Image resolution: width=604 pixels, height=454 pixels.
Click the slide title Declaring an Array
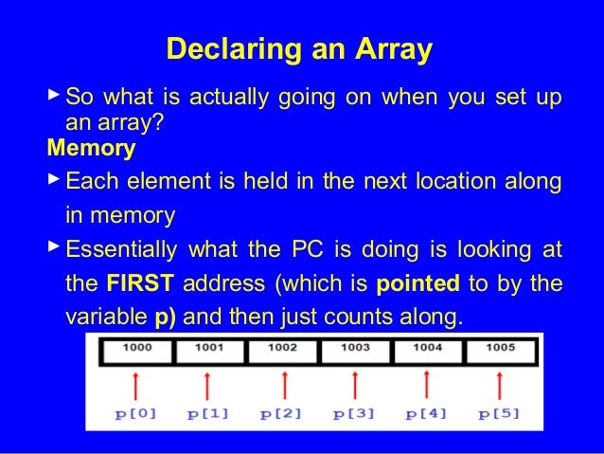coord(298,48)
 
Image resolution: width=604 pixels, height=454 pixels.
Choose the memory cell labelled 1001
coord(208,349)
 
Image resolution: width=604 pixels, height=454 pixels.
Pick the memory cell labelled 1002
coord(281,349)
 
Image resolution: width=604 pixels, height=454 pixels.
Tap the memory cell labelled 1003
coord(355,349)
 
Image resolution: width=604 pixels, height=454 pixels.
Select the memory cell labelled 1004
coord(427,349)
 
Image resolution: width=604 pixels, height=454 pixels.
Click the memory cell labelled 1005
coord(500,349)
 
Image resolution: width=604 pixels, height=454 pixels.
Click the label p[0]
coord(135,414)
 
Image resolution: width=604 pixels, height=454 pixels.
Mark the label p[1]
coord(208,414)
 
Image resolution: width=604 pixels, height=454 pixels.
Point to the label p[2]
coord(282,414)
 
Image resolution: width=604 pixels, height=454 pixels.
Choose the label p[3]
coord(355,414)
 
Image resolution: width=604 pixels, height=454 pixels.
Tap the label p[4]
coord(428,414)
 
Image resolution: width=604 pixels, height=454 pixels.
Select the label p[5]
coord(501,414)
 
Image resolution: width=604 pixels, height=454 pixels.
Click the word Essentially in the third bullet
coord(121,250)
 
